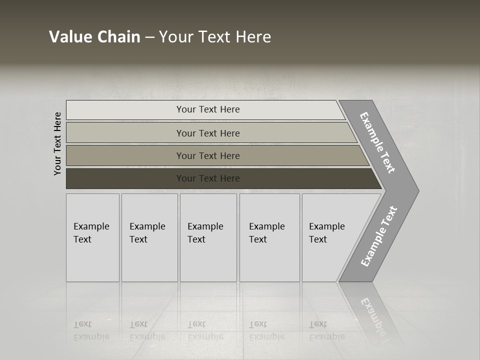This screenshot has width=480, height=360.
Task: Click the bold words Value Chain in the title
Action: [x=94, y=37]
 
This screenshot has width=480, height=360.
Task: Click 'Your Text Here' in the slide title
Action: [x=215, y=37]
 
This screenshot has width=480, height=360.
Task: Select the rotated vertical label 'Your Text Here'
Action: [x=57, y=143]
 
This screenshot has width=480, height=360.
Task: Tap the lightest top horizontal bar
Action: [x=125, y=110]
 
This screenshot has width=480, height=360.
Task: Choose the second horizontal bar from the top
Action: [x=125, y=133]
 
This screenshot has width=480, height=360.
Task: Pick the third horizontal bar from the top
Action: [x=125, y=155]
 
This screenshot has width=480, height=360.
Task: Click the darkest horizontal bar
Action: [x=125, y=178]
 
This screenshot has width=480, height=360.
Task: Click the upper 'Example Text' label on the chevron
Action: [x=377, y=142]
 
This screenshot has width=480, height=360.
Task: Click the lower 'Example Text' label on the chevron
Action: [x=378, y=236]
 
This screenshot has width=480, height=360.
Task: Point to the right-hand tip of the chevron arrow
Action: [x=417, y=190]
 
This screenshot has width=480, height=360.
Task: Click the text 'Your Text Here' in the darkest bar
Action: [x=208, y=178]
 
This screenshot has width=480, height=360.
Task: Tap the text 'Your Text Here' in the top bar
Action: [x=208, y=109]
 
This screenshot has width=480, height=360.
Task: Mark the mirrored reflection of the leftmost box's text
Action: [x=91, y=330]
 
